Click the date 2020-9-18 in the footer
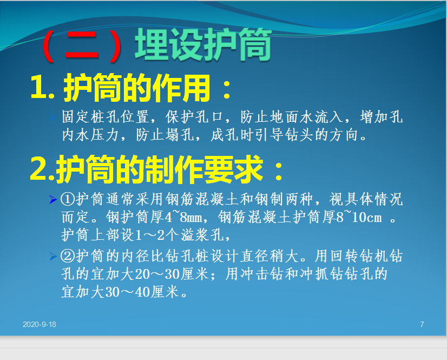40,324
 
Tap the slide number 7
422,324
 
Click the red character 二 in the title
82,45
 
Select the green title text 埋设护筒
203,44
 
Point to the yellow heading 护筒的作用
137,88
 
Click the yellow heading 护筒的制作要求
159,169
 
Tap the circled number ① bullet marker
68,199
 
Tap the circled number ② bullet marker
68,256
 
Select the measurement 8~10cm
359,217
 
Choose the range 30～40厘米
142,292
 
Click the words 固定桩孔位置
106,117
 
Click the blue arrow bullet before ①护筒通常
53,199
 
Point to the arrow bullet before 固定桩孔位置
53,117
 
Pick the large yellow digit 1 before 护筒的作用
38,88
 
